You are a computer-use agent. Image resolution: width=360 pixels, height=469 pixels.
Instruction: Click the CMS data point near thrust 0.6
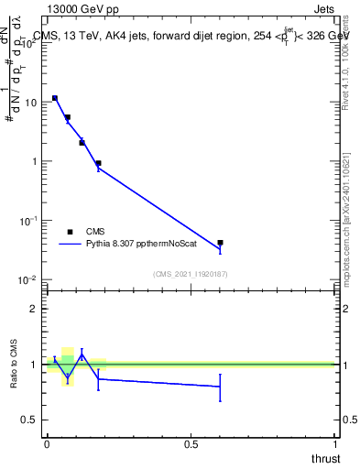tap(220, 243)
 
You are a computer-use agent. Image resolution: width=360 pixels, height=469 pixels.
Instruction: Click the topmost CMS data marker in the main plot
tap(55, 98)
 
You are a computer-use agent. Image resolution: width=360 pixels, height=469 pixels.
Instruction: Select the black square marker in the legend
tap(70, 232)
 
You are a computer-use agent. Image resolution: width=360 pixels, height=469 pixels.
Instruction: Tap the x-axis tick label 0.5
tap(191, 443)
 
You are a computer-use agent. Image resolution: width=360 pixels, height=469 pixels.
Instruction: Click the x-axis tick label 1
tap(335, 443)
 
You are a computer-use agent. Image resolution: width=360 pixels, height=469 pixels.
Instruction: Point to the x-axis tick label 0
tap(47, 443)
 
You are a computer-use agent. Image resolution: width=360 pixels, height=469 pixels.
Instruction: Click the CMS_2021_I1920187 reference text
tap(191, 274)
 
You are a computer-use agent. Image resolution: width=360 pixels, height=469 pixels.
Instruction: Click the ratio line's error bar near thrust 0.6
tap(220, 387)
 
